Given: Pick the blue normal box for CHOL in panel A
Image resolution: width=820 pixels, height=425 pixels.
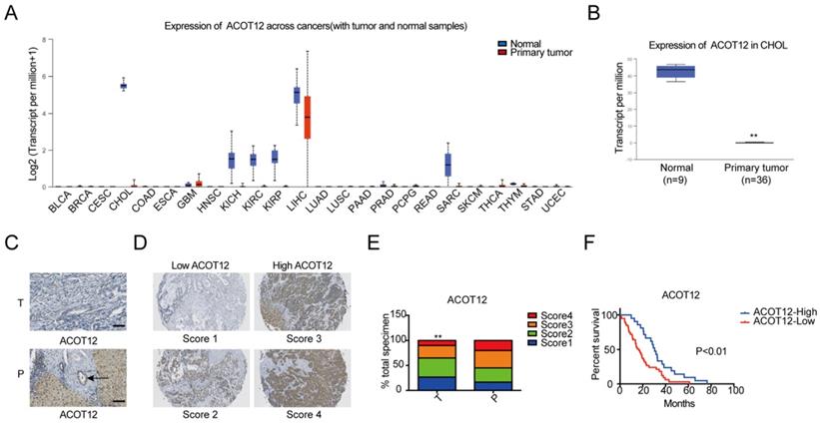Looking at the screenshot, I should pos(123,86).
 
